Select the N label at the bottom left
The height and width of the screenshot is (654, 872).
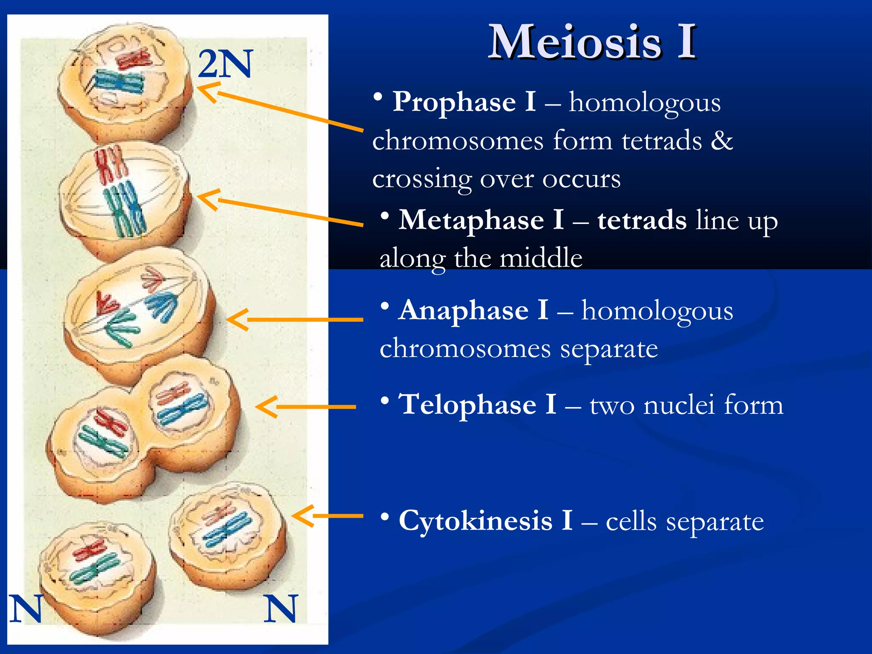pyautogui.click(x=26, y=609)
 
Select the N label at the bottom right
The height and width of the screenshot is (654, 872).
pyautogui.click(x=281, y=609)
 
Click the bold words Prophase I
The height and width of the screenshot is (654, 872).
pyautogui.click(x=464, y=102)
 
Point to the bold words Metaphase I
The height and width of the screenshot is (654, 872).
pyautogui.click(x=481, y=220)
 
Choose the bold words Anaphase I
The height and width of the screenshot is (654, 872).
pyautogui.click(x=474, y=310)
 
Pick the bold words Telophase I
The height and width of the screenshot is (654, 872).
pyautogui.click(x=477, y=404)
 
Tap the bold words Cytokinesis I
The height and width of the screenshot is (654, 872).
pyautogui.click(x=485, y=521)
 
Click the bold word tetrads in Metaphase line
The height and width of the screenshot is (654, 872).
pyautogui.click(x=642, y=220)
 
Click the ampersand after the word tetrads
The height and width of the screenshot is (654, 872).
pyautogui.click(x=722, y=141)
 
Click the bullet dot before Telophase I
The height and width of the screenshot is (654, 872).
pyautogui.click(x=385, y=401)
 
